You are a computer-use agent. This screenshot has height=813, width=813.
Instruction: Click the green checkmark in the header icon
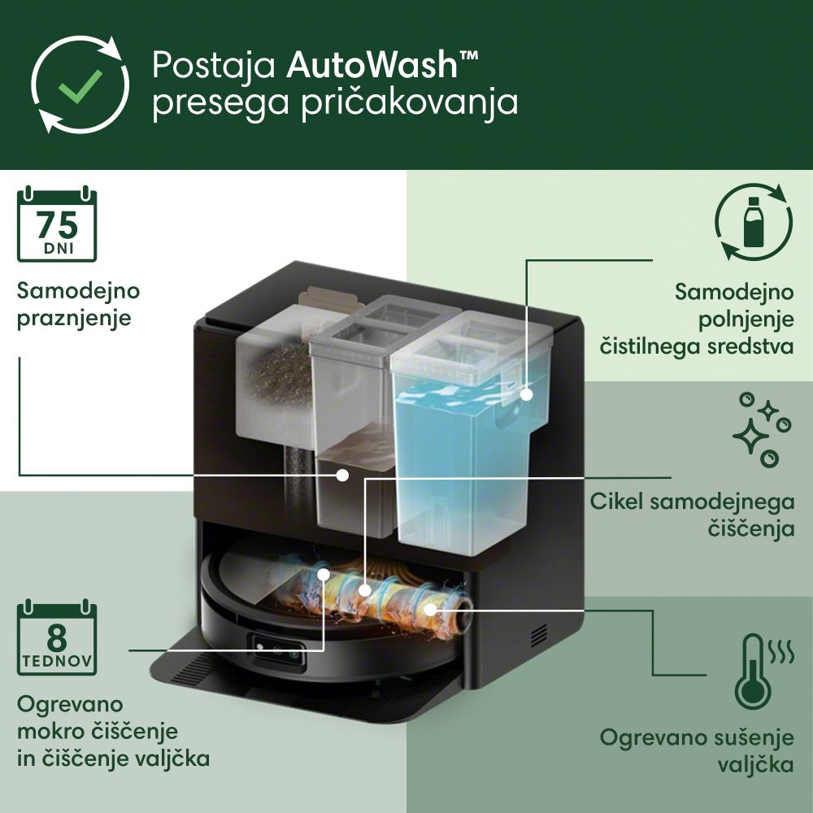click(x=80, y=85)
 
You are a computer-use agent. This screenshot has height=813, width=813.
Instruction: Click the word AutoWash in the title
click(x=372, y=64)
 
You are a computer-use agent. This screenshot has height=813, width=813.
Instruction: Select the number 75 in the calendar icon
click(x=57, y=225)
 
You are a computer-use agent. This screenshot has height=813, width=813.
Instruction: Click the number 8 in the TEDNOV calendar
click(x=57, y=637)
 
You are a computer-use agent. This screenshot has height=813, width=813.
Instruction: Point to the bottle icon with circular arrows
click(x=754, y=221)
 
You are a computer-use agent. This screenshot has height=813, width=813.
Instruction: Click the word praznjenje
click(x=74, y=319)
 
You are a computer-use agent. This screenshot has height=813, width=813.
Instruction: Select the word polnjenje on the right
click(x=746, y=320)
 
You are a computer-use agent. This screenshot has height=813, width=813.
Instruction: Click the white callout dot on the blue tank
click(x=527, y=394)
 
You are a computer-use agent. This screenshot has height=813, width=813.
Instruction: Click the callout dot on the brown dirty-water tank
click(x=342, y=475)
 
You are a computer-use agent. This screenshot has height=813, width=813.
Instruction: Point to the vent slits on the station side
click(x=539, y=636)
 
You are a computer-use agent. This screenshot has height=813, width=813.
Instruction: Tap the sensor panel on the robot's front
click(x=279, y=649)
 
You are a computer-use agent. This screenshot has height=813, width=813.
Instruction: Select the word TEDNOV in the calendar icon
click(x=57, y=662)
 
